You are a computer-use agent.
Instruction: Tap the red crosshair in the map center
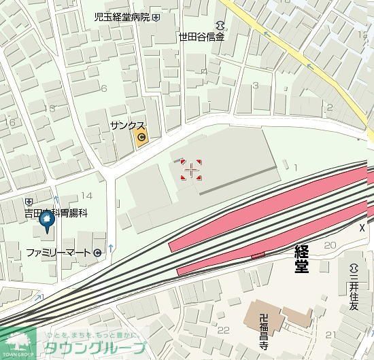191,169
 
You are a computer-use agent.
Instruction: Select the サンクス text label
127,126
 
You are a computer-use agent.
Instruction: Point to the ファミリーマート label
58,253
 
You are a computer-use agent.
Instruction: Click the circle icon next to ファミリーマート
98,253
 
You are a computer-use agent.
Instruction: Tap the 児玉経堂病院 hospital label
122,17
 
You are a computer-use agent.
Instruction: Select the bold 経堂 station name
301,258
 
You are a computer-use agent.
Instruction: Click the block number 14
86,196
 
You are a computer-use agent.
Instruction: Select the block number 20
330,245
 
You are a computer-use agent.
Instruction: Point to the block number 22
223,331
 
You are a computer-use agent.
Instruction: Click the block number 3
256,85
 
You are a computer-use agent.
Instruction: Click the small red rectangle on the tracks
258,255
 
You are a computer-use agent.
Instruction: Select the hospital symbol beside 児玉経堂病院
156,17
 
